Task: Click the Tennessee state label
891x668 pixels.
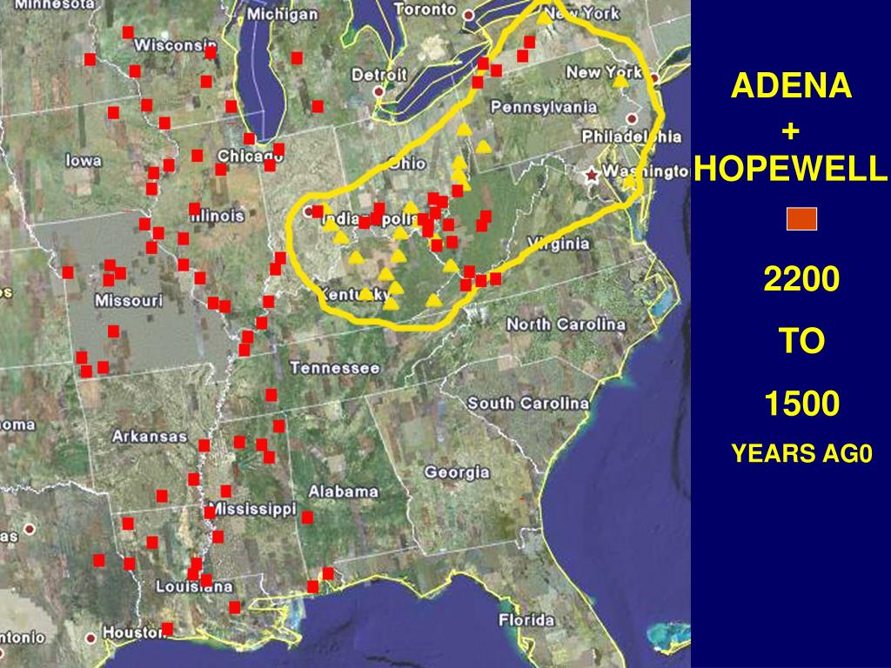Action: pos(335,369)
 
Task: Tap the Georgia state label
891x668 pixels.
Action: pos(457,473)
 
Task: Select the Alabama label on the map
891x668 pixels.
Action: pos(344,491)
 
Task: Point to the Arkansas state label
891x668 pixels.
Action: pos(150,436)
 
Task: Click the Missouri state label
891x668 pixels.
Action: pos(129,301)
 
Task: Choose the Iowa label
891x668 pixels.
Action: pos(84,161)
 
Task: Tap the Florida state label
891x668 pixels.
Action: pos(526,620)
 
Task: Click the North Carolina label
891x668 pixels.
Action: pos(566,324)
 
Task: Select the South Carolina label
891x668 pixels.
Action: pos(528,403)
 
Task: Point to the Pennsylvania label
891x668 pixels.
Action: pos(544,107)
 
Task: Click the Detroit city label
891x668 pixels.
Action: pos(379,76)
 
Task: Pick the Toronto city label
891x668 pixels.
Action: pos(424,10)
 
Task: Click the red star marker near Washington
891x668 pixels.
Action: pos(593,175)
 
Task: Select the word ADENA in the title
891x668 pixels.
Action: pos(791,86)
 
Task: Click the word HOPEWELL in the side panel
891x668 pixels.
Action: pos(791,170)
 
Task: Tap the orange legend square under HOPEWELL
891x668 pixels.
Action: pos(801,219)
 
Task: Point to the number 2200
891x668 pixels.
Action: pos(801,280)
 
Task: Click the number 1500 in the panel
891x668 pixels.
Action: pos(801,404)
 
